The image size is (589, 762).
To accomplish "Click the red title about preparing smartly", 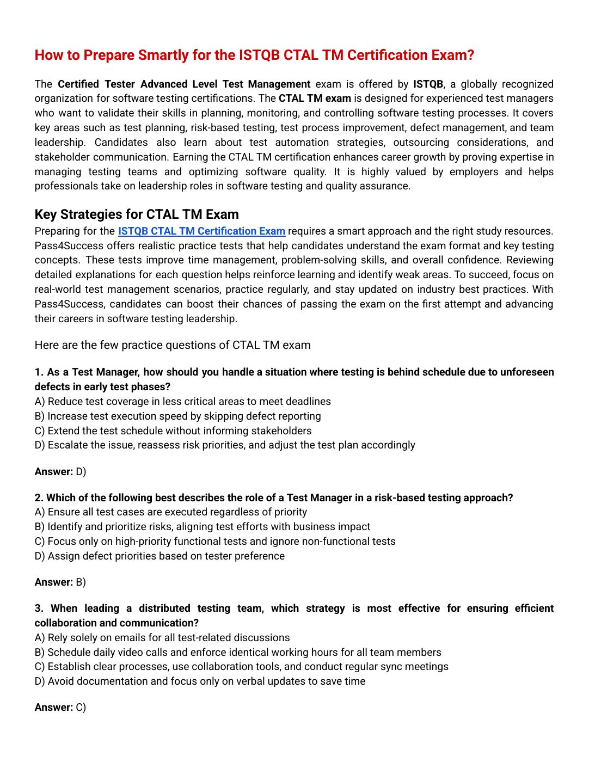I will pyautogui.click(x=254, y=55).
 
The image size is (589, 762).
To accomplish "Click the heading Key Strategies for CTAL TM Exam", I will pyautogui.click(x=137, y=214).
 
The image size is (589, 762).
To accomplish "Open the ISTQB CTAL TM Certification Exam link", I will pyautogui.click(x=201, y=231).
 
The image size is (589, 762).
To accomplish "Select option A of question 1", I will pyautogui.click(x=182, y=401).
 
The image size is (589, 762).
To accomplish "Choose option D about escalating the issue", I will pyautogui.click(x=224, y=445).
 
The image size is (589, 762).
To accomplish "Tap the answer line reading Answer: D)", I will pyautogui.click(x=60, y=471).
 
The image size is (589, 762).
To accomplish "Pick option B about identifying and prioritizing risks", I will pyautogui.click(x=202, y=526).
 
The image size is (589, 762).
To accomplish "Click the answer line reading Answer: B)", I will pyautogui.click(x=60, y=582).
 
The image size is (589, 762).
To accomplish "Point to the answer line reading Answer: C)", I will pyautogui.click(x=60, y=707).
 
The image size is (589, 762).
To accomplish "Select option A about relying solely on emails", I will pyautogui.click(x=162, y=637).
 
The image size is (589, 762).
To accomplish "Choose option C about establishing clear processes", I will pyautogui.click(x=241, y=666).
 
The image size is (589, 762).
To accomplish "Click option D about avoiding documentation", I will pyautogui.click(x=200, y=681).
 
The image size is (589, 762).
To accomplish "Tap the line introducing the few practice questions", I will pyautogui.click(x=173, y=345).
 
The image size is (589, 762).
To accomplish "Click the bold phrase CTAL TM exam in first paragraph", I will pyautogui.click(x=315, y=99).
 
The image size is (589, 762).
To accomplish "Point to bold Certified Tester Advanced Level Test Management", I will pyautogui.click(x=184, y=84).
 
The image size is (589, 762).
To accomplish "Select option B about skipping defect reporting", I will pyautogui.click(x=177, y=416).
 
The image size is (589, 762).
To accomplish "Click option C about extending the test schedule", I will pyautogui.click(x=173, y=431).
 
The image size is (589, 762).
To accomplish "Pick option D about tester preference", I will pyautogui.click(x=159, y=556).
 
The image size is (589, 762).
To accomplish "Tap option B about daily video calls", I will pyautogui.click(x=237, y=652).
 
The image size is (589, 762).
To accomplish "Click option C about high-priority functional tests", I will pyautogui.click(x=214, y=541).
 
